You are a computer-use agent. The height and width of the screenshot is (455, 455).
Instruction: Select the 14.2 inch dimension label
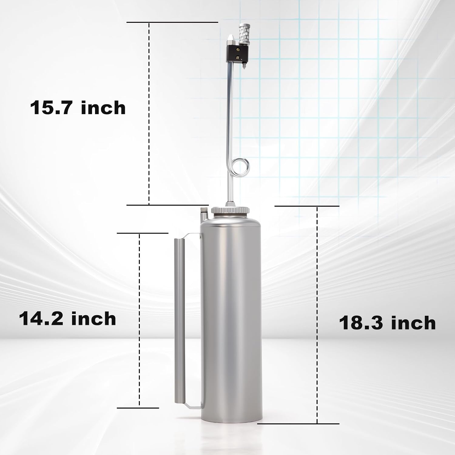coord(67,319)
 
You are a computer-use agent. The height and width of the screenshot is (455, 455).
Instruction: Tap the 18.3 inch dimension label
coord(387,323)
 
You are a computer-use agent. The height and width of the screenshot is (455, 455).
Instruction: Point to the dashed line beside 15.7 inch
coord(149,113)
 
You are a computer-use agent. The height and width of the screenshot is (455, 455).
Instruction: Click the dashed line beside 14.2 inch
coord(139,321)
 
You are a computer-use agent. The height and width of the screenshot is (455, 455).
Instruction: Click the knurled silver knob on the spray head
coord(243,34)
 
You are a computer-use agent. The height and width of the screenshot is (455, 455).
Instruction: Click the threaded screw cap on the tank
coord(231,210)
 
